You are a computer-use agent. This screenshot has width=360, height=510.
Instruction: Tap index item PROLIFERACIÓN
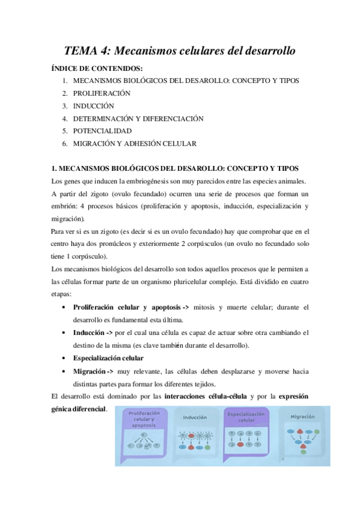[102, 93]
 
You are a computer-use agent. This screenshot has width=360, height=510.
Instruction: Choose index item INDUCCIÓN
[93, 106]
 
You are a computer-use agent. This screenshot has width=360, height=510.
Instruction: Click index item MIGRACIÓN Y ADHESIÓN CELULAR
[135, 144]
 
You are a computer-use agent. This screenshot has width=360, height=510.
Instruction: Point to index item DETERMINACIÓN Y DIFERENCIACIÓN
[138, 118]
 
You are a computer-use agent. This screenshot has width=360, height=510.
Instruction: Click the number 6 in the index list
[64, 144]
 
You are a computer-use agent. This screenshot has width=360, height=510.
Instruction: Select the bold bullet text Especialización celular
[108, 358]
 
